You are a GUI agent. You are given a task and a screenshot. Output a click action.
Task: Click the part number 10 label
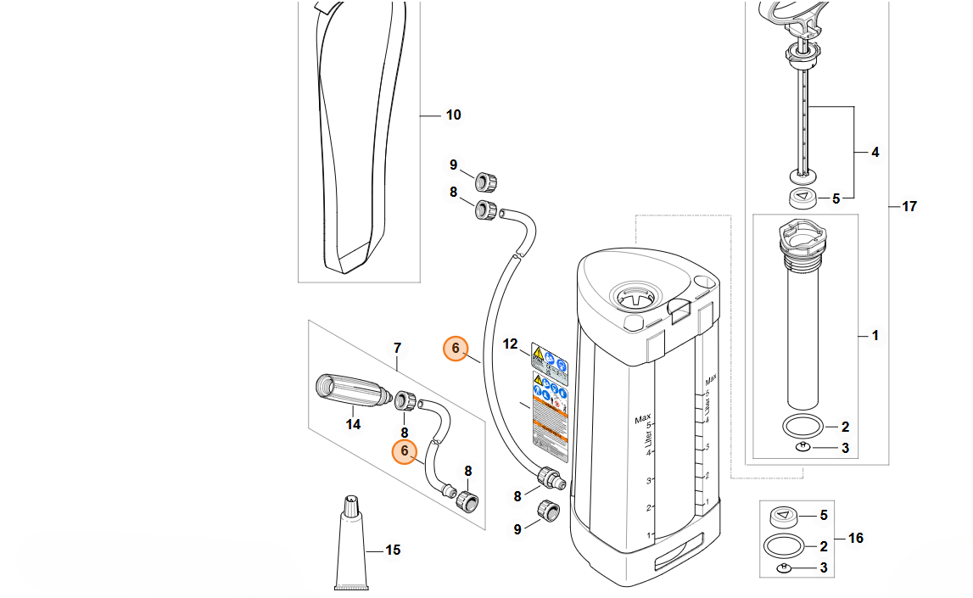pos(453,115)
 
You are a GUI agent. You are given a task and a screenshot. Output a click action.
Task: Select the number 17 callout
pos(909,206)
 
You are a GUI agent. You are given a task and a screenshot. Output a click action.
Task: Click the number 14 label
pos(353,424)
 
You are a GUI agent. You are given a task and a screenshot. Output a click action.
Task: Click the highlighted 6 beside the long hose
pos(456,348)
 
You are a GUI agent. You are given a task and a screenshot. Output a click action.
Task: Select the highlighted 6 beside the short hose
pos(405,451)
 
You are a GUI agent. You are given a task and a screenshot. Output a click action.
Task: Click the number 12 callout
pos(510,344)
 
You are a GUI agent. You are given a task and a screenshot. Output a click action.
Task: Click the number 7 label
pos(396,348)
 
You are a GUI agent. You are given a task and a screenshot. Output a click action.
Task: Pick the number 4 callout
pos(875,153)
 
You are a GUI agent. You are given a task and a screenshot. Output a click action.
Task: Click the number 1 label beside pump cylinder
pos(875,336)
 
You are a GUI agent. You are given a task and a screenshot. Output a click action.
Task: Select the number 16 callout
pos(855,538)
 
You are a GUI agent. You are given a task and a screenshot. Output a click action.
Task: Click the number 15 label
pos(393,550)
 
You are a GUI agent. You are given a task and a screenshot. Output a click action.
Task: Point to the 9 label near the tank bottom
pos(517,529)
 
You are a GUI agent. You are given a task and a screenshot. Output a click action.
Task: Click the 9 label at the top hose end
pos(454,165)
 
